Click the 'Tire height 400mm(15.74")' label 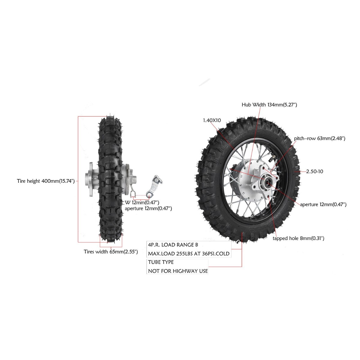point(46,181)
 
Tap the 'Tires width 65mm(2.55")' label point(111,252)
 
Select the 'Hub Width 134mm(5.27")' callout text point(269,105)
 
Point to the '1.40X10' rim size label point(212,120)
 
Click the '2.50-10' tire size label point(315,172)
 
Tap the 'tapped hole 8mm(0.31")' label point(298,238)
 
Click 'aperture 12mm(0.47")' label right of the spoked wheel point(323,204)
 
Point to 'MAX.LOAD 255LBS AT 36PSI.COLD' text point(189,254)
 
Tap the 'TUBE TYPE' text point(161,262)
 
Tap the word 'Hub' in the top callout point(246,105)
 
